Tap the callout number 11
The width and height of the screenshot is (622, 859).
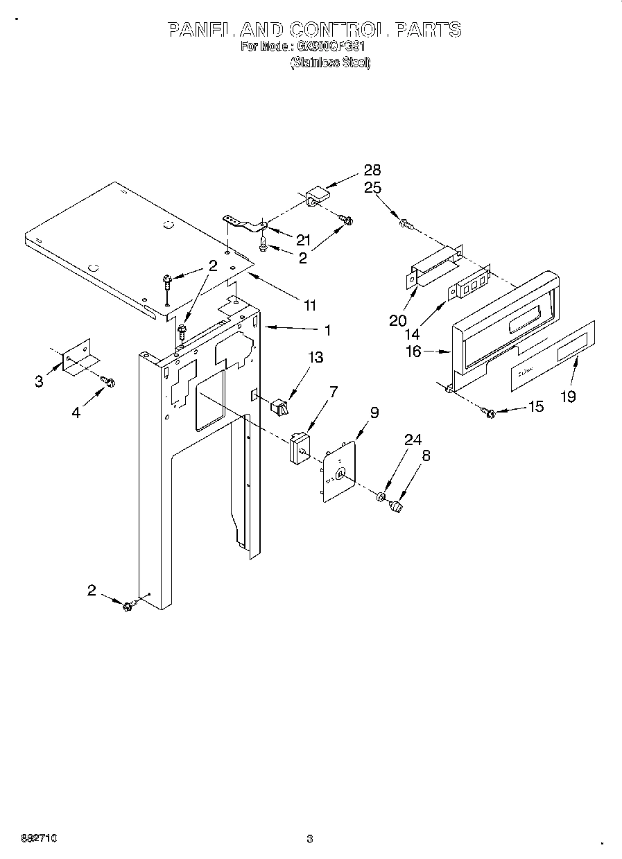309,305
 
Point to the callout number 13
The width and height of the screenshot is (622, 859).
316,358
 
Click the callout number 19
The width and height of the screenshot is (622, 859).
568,397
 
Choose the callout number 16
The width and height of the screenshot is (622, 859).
413,352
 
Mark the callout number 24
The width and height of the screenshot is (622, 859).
413,440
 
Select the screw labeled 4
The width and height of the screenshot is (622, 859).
108,381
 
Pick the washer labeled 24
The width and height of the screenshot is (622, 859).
381,497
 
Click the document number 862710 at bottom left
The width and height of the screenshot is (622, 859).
28,838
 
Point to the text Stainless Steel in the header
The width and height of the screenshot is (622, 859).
330,62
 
